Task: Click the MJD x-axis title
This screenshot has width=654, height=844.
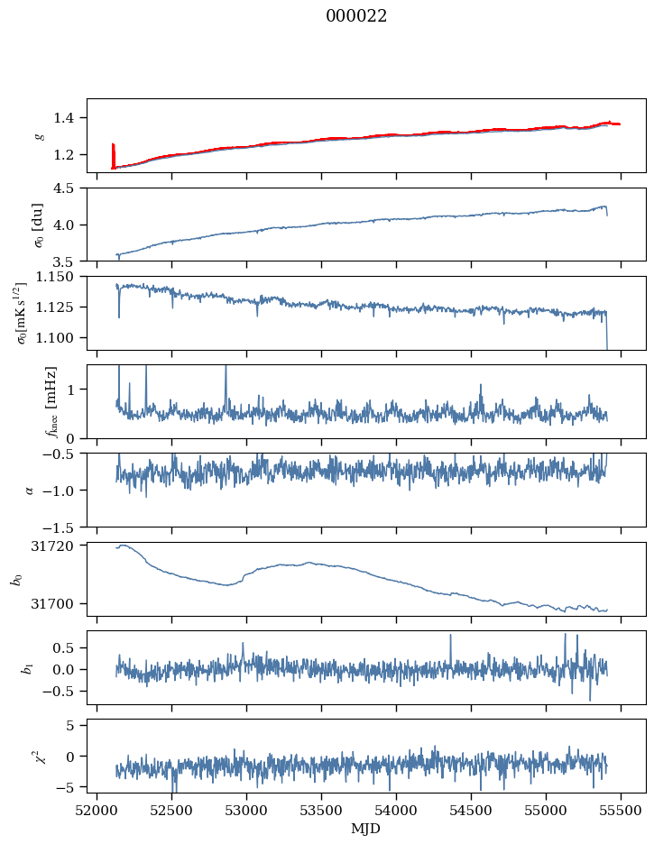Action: point(366,828)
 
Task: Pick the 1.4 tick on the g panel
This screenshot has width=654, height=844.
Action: point(69,118)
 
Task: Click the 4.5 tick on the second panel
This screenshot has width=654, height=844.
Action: point(69,188)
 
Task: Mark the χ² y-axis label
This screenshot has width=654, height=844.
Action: point(40,756)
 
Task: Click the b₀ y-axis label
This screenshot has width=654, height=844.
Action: point(15,579)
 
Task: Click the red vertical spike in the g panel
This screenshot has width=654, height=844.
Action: point(113,155)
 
